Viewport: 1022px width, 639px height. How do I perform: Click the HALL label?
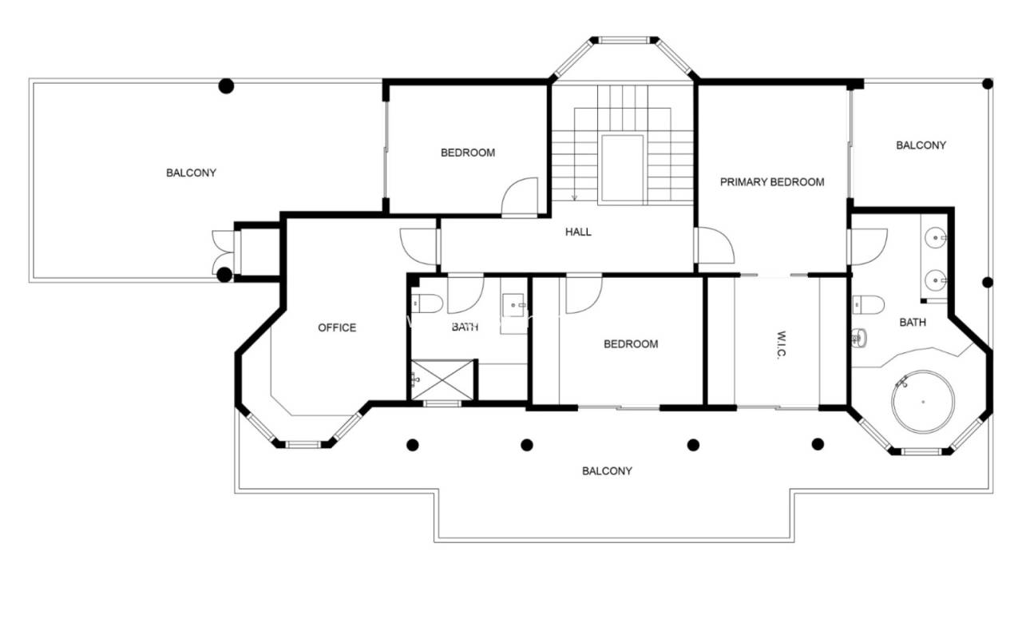tap(578, 232)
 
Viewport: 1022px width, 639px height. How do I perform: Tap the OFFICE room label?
tap(337, 327)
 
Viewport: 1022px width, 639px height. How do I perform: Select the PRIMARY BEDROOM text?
tap(772, 182)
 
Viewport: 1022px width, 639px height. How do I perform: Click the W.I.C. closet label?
tap(781, 345)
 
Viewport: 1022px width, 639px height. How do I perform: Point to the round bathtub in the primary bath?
tap(923, 402)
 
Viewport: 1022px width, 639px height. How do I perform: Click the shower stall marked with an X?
tap(442, 380)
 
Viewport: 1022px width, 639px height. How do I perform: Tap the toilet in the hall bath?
tap(427, 304)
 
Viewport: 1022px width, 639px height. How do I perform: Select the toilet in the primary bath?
tap(868, 305)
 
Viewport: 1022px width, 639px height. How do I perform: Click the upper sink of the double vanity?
tap(935, 238)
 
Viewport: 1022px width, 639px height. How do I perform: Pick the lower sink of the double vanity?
tap(935, 280)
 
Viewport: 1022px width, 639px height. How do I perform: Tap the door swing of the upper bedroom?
tap(520, 196)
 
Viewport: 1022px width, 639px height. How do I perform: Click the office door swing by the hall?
tap(418, 247)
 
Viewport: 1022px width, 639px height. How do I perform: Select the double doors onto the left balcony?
tap(224, 252)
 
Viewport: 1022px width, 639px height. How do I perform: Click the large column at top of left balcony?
tap(226, 85)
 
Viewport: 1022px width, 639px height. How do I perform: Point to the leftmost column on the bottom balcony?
tap(413, 445)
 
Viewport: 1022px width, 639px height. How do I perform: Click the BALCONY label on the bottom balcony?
tap(607, 471)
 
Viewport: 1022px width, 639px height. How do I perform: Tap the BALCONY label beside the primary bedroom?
tap(921, 145)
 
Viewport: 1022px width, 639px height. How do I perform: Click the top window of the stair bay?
tap(624, 40)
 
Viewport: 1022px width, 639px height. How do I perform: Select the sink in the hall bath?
tap(514, 305)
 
